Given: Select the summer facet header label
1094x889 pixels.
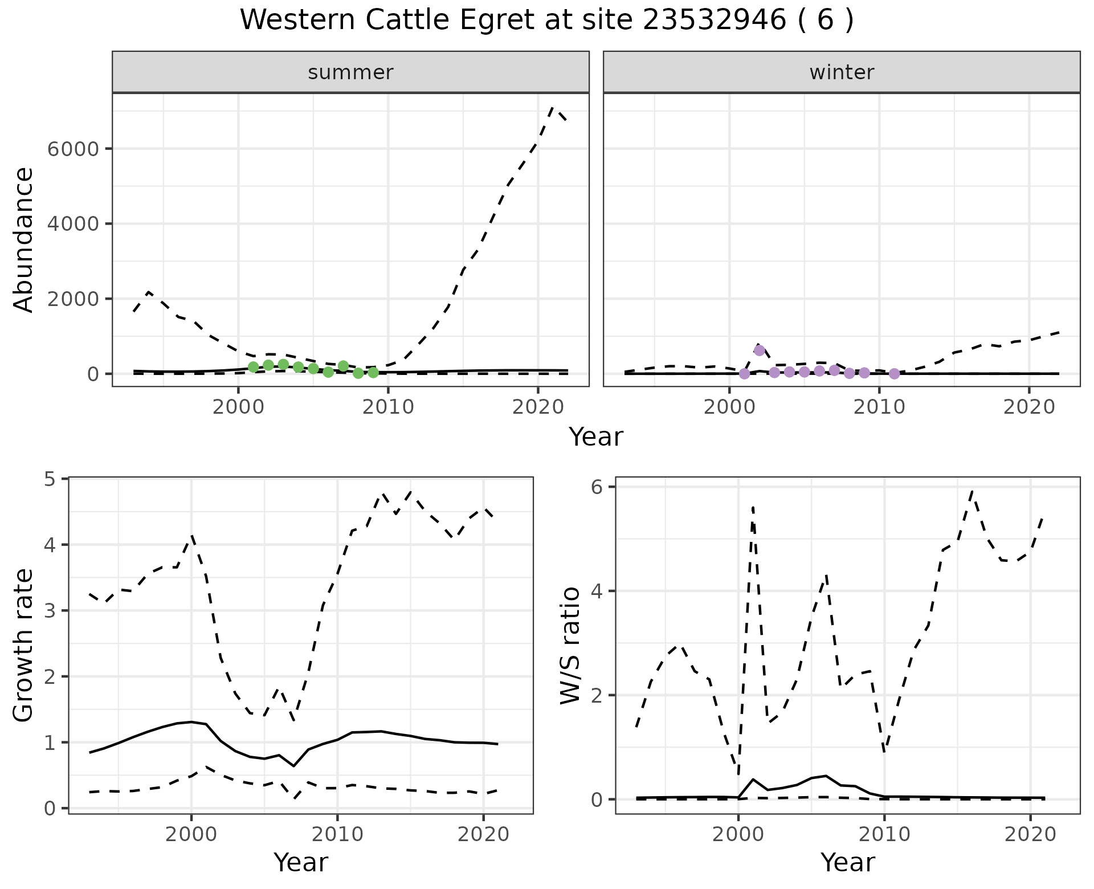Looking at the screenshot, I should click(350, 72).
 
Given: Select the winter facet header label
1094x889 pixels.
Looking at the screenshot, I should click(842, 72).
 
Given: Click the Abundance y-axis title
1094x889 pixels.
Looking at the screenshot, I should click(24, 240).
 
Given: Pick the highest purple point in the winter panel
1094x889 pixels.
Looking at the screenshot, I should click(759, 350).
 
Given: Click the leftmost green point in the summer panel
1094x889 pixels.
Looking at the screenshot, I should click(254, 367).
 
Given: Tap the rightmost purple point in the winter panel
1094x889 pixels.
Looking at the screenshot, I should click(894, 374).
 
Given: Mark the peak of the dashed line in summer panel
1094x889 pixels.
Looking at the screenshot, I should click(552, 107).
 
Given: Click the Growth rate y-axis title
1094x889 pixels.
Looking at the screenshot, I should click(24, 646).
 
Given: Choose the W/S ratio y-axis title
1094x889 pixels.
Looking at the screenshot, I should click(570, 646).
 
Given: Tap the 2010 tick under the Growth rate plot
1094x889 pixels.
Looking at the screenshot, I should click(337, 835).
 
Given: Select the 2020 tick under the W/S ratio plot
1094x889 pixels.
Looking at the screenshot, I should click(1030, 835).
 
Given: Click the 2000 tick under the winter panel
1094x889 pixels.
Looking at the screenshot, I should click(729, 408).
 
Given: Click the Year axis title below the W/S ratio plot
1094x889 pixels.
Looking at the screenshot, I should click(847, 863).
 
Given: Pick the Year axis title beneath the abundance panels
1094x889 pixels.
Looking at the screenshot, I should click(596, 437).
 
